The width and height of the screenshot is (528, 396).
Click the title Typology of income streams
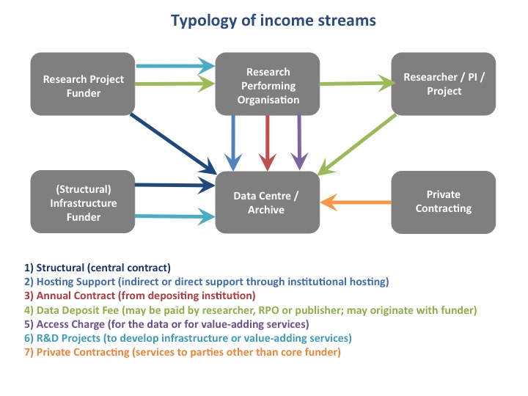pos(273,21)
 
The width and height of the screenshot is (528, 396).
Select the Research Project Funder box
pos(83,84)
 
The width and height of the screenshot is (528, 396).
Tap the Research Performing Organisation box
pos(268,84)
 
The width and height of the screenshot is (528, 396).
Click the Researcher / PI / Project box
pos(444,84)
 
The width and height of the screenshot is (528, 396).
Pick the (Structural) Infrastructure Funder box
pos(83,202)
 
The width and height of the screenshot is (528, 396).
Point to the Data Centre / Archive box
pos(268,202)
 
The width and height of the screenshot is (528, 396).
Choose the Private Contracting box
pos(444,202)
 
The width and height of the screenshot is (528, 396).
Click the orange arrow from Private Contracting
pos(356,202)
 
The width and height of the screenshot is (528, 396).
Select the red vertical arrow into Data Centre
pos(268,143)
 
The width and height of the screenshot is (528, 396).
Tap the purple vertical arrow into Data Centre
pos(299,142)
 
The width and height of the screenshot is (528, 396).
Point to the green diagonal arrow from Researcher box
pos(357,144)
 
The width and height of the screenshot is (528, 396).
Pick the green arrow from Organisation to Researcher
pos(357,83)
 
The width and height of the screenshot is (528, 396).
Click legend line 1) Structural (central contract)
pos(98,268)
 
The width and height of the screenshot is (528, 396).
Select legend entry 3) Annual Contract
pos(140,296)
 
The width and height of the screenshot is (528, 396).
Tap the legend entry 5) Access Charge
pos(166,324)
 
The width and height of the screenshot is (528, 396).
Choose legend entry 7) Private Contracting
pos(182,352)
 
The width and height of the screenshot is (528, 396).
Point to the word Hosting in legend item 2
pos(54,282)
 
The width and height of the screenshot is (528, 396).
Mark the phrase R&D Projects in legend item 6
pos(68,338)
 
